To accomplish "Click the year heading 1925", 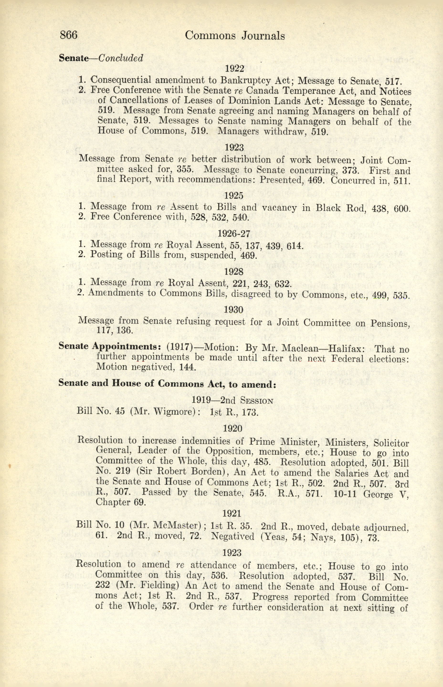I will tap(234, 196).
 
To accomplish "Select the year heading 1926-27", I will tap(234, 233).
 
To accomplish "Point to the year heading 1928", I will tap(234, 271).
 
